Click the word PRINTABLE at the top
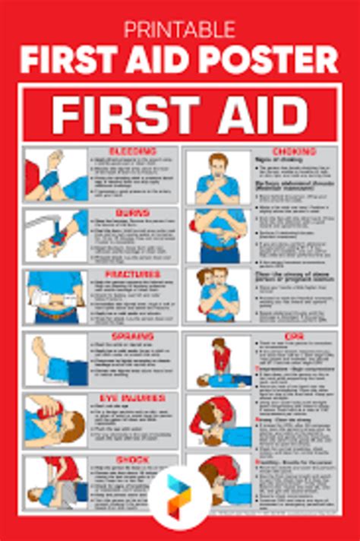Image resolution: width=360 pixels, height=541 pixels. point(180,30)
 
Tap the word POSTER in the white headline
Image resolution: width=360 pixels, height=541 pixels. point(276,60)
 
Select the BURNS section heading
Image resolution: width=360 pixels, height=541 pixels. point(132,214)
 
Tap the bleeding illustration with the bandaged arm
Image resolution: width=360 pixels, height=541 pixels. point(55,176)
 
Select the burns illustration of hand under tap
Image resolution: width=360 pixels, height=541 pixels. point(55,235)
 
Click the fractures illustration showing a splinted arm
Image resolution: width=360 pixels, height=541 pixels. point(55,297)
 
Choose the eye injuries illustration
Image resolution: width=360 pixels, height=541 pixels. point(55,420)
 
